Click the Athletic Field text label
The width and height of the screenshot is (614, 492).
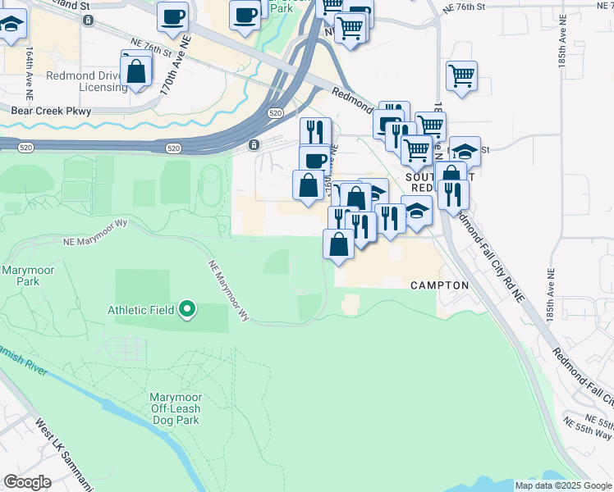pos(140,310)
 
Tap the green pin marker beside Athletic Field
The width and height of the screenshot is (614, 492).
pos(188,309)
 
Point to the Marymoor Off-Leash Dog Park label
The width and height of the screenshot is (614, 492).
pos(176,408)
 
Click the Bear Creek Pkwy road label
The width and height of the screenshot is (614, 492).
pos(50,110)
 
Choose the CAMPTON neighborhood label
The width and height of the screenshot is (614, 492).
pos(439,285)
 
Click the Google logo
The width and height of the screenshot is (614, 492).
pos(28,481)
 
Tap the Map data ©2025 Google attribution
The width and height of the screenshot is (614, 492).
pos(563,485)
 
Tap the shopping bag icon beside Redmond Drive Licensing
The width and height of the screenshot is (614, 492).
pos(137,71)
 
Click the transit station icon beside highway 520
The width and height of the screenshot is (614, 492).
pos(254,145)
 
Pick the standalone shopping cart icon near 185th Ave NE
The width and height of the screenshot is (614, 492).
pos(462,76)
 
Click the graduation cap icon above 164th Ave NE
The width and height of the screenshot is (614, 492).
pos(11,28)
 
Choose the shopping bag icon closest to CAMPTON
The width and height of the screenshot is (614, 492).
pos(339,244)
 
